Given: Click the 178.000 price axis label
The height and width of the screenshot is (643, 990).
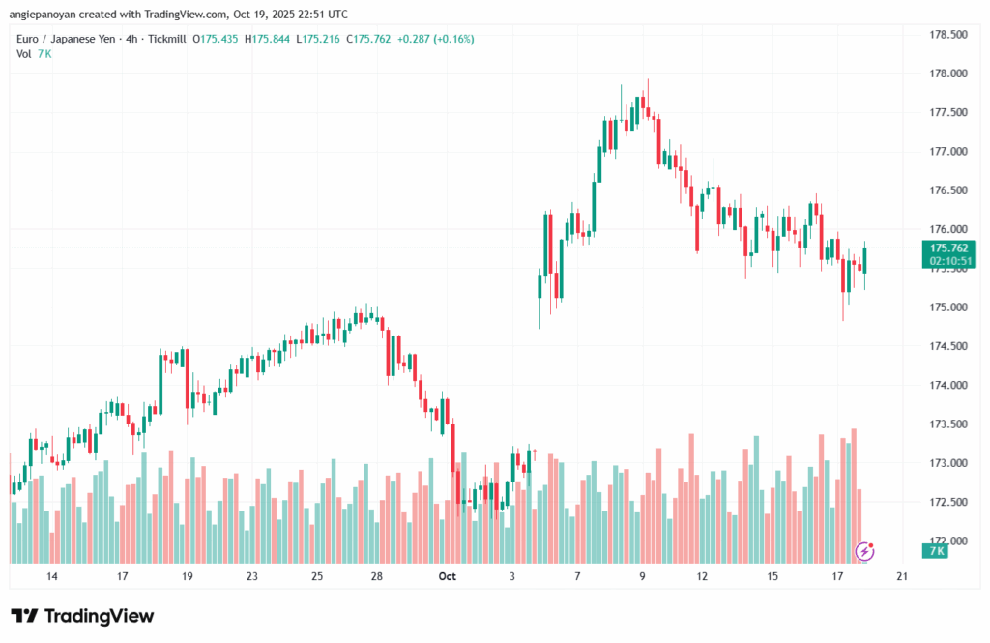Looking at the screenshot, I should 946,73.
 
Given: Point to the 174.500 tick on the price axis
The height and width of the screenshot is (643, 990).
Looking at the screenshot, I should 946,346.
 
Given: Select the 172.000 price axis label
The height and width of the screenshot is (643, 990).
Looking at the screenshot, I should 946,541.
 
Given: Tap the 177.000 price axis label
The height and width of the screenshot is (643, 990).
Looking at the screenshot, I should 946,152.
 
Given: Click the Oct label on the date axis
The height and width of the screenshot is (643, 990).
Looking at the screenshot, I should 447,576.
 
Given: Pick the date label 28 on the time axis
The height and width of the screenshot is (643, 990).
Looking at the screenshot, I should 377,576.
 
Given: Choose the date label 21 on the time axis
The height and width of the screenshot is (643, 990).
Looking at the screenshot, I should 902,576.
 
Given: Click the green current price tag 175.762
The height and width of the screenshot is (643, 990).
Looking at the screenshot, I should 946,248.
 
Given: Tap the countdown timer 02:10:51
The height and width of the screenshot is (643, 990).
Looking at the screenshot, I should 946,261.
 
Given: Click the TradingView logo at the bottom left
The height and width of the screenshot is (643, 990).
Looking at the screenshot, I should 82,616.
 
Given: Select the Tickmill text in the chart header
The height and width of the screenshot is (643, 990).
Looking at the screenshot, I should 164,40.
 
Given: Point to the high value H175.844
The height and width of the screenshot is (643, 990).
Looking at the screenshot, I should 273,40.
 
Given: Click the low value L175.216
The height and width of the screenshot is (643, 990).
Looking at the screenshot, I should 323,40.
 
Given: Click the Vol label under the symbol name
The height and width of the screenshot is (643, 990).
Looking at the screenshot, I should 24,54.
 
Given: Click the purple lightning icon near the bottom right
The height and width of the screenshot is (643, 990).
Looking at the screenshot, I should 866,551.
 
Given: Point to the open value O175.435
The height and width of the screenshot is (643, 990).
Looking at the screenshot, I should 218,40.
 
